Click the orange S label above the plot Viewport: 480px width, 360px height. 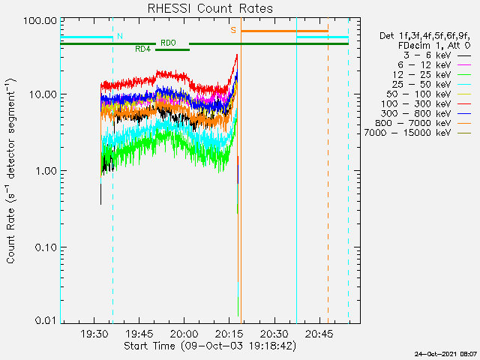(x=233, y=31)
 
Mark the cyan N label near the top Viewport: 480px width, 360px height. (x=120, y=36)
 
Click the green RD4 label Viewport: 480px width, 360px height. (x=142, y=49)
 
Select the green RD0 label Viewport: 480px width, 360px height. (x=168, y=43)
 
